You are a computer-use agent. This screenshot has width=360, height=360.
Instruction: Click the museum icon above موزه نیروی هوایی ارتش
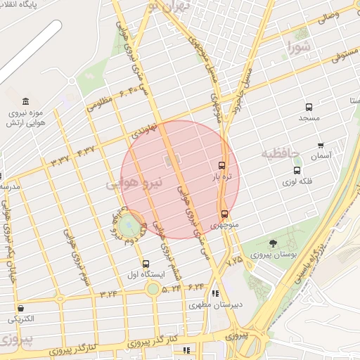(x=26, y=101)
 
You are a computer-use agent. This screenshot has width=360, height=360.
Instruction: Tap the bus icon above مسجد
(x=309, y=107)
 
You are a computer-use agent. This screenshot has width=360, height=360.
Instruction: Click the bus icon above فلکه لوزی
(x=297, y=169)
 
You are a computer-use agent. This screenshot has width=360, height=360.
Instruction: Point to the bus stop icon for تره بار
(x=222, y=166)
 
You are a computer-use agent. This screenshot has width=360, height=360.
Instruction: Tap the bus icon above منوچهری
(x=224, y=214)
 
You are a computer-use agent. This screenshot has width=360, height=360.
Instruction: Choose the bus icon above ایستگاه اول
(x=146, y=264)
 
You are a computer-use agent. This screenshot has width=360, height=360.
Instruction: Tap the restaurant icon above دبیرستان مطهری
(x=214, y=293)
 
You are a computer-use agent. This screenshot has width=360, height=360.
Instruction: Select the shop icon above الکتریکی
(x=21, y=308)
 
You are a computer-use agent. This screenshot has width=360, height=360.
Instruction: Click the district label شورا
(x=298, y=48)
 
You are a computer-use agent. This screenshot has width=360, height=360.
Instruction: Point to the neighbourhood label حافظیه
(x=281, y=153)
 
